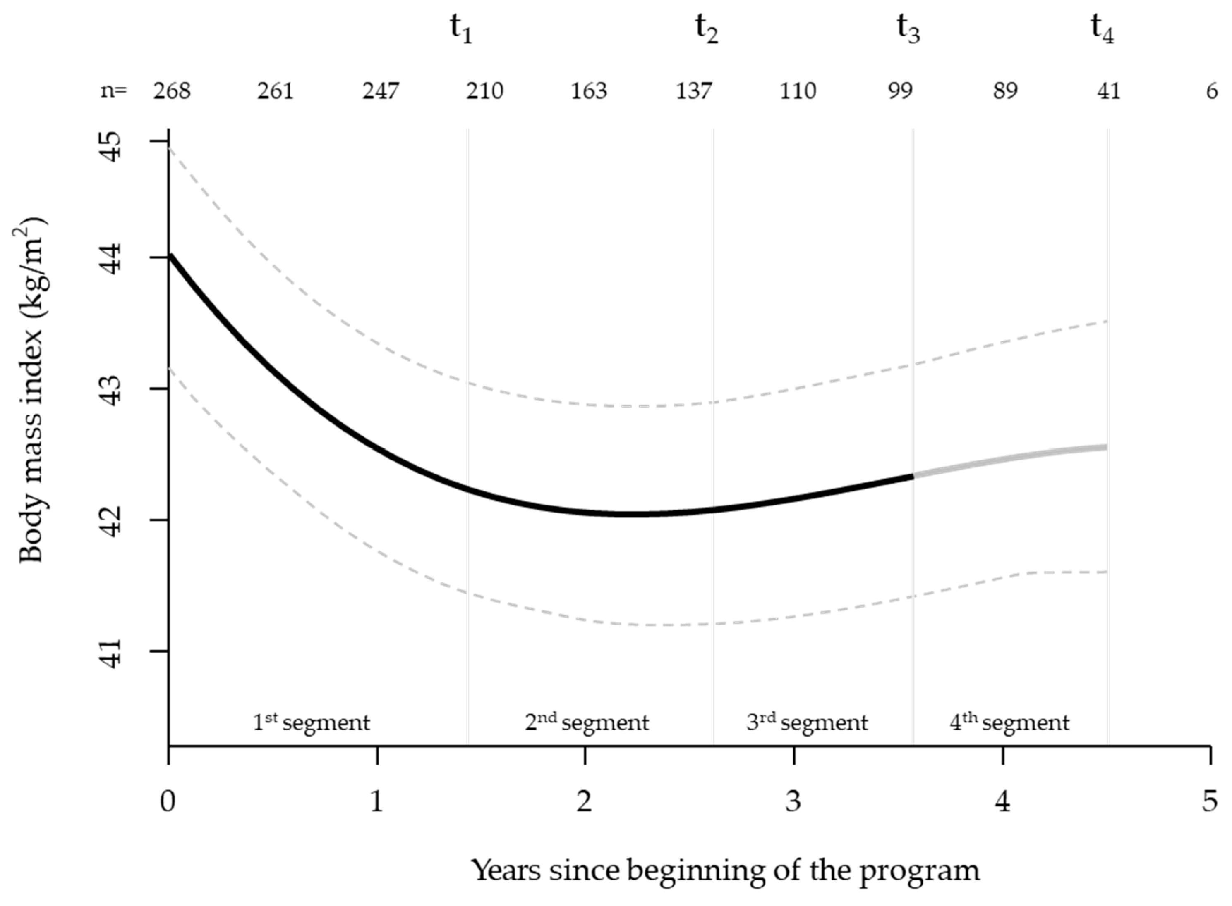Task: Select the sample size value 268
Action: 172,91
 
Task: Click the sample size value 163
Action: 589,91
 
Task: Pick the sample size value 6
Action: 1212,91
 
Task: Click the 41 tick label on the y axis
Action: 113,653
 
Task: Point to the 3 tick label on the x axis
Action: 793,801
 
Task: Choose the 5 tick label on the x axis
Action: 1210,801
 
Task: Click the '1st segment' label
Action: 311,722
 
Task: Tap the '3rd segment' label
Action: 807,722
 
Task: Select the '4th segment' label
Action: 1009,722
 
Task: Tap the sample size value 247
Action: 380,91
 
